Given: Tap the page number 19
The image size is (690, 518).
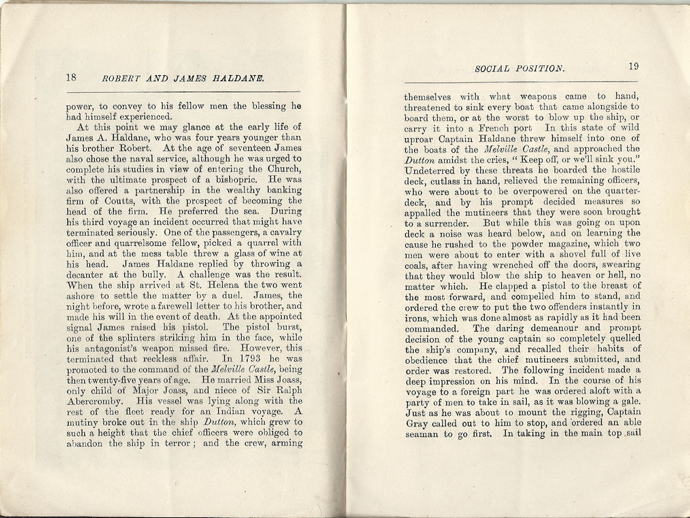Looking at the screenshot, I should tap(633, 66).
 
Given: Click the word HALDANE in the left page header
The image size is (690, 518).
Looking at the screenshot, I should tap(237, 78).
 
